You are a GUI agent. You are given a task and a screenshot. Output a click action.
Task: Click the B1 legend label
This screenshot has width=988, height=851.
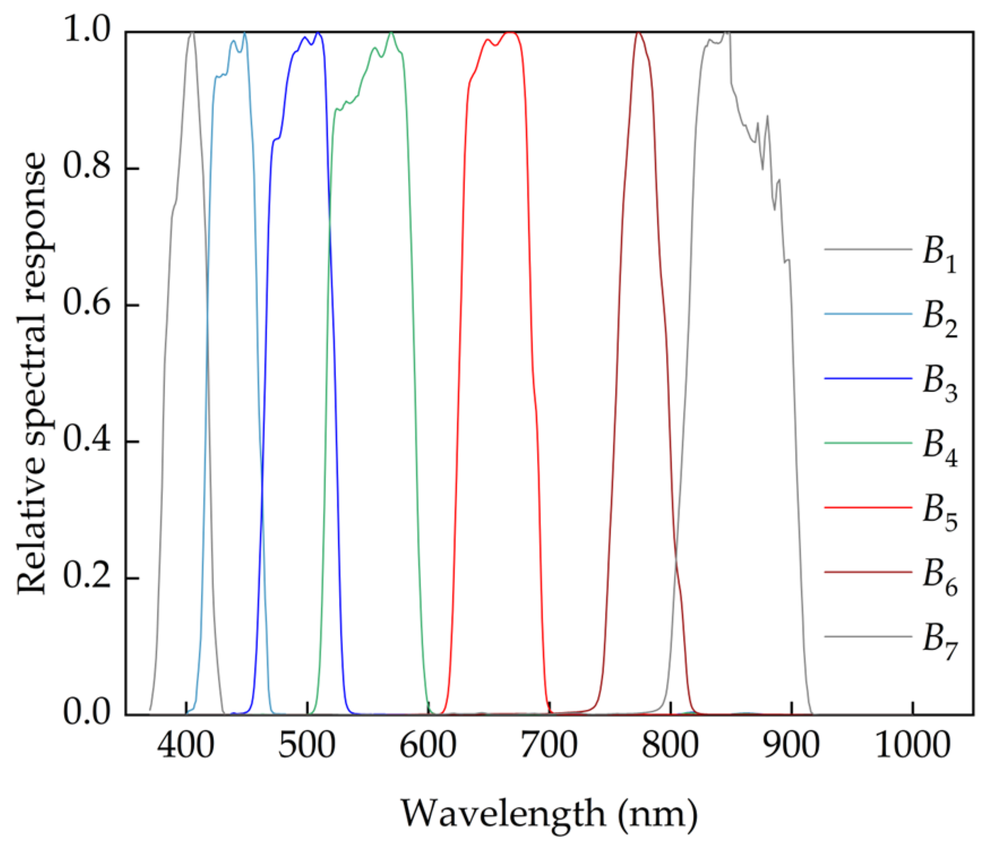(940, 253)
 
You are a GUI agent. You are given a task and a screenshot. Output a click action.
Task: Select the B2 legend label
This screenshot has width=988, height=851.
(940, 317)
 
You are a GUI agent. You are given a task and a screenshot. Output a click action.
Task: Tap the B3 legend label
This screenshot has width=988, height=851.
(940, 382)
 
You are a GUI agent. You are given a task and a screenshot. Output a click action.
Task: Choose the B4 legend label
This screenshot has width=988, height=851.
(940, 446)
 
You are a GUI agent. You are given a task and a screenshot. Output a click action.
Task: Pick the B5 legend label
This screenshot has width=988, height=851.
(940, 511)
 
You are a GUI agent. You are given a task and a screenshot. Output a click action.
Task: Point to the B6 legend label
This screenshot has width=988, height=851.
(940, 575)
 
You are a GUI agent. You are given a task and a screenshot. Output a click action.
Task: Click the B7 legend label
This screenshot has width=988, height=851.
(940, 640)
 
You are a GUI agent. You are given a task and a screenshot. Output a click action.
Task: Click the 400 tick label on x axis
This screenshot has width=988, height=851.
(186, 746)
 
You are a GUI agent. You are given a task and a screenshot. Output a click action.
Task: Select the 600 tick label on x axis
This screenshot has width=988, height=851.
(428, 746)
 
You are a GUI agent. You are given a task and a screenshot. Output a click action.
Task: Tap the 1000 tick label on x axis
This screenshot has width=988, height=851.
(912, 746)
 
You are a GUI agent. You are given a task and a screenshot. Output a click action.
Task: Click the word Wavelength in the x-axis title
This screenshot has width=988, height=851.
(503, 814)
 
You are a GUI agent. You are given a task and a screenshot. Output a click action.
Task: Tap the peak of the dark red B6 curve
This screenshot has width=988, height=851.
(639, 33)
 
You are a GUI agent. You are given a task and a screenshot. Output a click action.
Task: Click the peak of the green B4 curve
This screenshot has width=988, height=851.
(390, 33)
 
